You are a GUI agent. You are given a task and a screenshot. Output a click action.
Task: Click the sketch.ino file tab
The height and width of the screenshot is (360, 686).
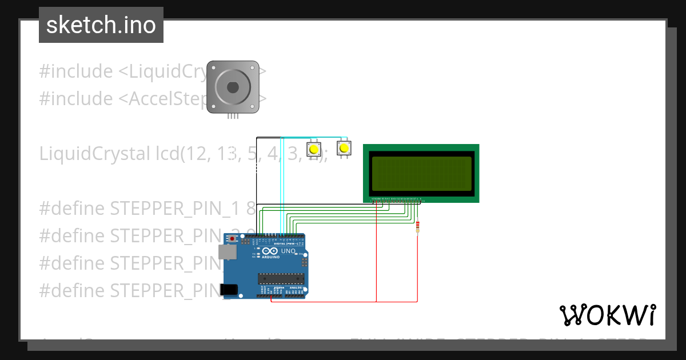pyautogui.click(x=101, y=25)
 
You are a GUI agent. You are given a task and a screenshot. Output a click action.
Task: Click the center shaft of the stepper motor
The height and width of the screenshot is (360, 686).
pyautogui.click(x=233, y=87)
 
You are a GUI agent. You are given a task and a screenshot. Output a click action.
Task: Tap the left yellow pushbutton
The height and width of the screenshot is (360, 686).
pyautogui.click(x=313, y=150)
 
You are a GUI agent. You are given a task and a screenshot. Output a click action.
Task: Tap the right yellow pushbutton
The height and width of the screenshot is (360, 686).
pyautogui.click(x=343, y=149)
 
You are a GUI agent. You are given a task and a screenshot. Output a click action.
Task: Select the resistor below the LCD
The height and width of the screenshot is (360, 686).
pyautogui.click(x=418, y=227)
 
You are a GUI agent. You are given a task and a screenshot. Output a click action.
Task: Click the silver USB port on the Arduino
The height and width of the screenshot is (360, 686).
pyautogui.click(x=227, y=251)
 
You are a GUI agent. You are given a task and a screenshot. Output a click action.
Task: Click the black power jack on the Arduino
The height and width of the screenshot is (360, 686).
pyautogui.click(x=230, y=289)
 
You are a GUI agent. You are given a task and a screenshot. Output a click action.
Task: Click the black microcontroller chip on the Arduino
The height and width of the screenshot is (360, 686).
pyautogui.click(x=280, y=278)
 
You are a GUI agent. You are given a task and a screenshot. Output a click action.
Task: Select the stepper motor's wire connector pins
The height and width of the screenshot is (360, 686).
pyautogui.click(x=233, y=116)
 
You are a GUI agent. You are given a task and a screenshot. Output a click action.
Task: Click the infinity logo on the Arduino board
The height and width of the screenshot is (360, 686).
pyautogui.click(x=267, y=251)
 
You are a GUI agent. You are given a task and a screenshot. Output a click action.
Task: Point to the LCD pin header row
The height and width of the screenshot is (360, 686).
pyautogui.click(x=397, y=199)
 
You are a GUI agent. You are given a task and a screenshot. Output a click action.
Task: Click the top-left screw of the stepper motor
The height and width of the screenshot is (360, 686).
pyautogui.click(x=213, y=68)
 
